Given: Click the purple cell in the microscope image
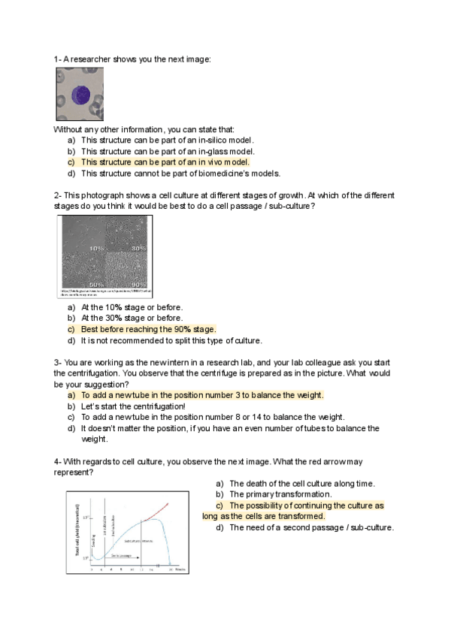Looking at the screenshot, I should [80, 95].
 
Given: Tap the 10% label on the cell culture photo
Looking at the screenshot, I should [97, 248].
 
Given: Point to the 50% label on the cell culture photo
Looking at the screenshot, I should [97, 285].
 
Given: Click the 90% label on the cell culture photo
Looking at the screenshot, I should [139, 285].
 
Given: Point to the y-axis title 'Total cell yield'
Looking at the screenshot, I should [76, 530].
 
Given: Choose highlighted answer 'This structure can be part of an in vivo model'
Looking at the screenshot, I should [165, 162].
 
